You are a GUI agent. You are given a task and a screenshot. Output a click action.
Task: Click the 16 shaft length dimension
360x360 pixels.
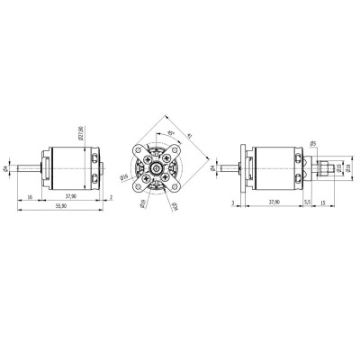coord(31,195)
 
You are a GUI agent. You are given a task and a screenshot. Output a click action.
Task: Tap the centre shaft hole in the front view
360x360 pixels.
coord(157,168)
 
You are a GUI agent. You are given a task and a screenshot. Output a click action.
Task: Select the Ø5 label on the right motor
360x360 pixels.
coord(312,143)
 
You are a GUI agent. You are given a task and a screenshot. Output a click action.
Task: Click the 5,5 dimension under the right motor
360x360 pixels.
coord(308,203)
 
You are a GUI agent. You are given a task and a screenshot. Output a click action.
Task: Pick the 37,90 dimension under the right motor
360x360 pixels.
coord(274,203)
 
